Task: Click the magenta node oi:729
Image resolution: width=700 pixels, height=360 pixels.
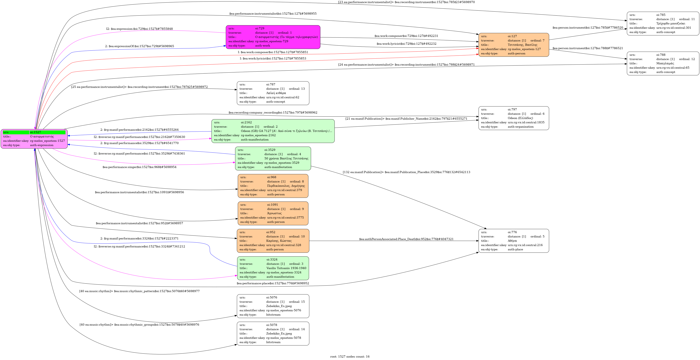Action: (273, 37)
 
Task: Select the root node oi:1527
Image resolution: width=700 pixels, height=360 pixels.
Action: (34, 139)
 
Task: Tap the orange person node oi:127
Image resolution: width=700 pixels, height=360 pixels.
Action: (514, 45)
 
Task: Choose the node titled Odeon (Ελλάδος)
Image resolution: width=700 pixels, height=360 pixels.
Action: (514, 118)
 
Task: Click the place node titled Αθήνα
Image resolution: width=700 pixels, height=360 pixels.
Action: (514, 241)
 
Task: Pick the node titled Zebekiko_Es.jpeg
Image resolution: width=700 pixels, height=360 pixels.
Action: (273, 306)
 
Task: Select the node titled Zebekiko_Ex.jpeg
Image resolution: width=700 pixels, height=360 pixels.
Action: (273, 333)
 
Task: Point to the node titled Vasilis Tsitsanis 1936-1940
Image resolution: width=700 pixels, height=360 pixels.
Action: (273, 268)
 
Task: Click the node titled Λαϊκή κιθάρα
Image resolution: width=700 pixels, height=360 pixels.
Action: (273, 93)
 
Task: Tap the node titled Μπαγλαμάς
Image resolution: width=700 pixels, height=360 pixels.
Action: (663, 63)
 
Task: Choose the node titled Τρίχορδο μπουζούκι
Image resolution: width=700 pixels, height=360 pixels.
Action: (663, 23)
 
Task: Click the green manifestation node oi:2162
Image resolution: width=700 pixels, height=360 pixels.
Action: (273, 131)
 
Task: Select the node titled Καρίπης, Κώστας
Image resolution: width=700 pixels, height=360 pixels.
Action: (273, 241)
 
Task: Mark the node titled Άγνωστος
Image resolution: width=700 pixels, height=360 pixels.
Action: (273, 213)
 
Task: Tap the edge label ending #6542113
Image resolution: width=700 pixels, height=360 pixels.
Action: (406, 172)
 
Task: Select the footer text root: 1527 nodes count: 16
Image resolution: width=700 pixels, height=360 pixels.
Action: (350, 356)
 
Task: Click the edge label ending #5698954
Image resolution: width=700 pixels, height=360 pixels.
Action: (139, 167)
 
